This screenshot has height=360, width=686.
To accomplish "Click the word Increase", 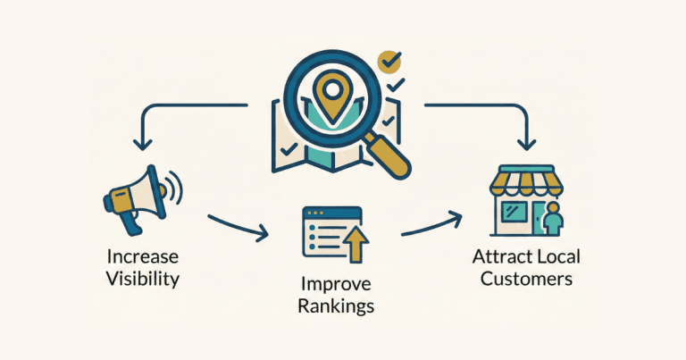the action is tap(143, 256).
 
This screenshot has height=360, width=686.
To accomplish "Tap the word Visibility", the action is tap(143, 279).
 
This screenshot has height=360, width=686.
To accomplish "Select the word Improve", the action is tap(336, 285).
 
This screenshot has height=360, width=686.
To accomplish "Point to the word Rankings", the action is tap(336, 306).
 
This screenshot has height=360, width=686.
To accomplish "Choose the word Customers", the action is tap(526, 279).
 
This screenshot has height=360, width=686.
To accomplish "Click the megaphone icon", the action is tap(143, 199).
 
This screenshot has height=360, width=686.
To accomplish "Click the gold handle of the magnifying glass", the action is tap(388, 155).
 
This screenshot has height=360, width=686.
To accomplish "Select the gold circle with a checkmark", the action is tap(389, 63).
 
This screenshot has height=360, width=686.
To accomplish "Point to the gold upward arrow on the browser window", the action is tap(357, 245).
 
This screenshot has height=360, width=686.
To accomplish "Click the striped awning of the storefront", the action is tap(526, 180).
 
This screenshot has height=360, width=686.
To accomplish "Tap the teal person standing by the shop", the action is tap(553, 219).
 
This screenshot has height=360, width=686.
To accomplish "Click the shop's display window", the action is tap(514, 213).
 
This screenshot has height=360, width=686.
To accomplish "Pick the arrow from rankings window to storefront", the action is tap(431, 223).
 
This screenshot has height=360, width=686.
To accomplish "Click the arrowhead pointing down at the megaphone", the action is tap(143, 145).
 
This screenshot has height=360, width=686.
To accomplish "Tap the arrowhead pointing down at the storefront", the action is tap(526, 145).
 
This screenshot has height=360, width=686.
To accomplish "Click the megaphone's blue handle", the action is tap(130, 223).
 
